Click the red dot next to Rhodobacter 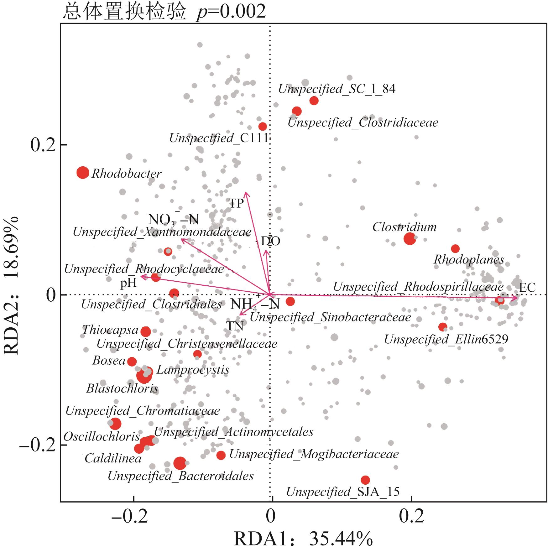coord(83,173)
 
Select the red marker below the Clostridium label coord(410,239)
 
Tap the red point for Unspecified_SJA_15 coord(365,480)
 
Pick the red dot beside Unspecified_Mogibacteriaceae coord(221,455)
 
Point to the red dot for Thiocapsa coord(146,331)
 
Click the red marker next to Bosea coord(132,362)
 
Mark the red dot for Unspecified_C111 coord(263,127)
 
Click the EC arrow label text coord(527,288)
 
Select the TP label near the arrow coord(236,204)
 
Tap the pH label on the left coord(128,283)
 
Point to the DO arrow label coord(271,241)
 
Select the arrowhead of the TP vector coord(246,194)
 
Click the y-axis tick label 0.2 coord(43,145)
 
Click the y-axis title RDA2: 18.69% coord(12,285)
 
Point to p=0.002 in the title coord(231,12)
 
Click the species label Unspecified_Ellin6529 coord(446,339)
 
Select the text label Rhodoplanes coord(469,259)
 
